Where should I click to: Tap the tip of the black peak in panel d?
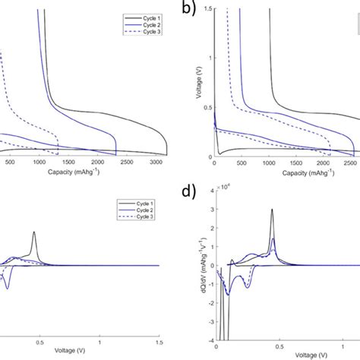271,210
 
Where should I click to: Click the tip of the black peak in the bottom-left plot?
34,232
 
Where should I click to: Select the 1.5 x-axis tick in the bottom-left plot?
157,344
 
